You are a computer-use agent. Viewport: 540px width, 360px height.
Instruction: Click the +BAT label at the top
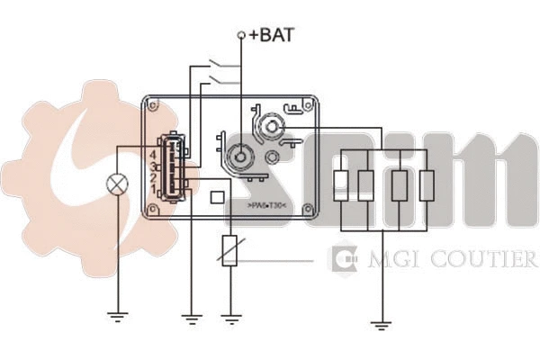click(x=272, y=36)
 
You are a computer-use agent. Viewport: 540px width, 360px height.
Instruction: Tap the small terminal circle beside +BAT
click(x=241, y=36)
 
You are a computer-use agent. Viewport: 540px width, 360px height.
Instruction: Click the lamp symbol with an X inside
click(x=116, y=184)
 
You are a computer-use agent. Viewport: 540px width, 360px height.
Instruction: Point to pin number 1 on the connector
click(x=156, y=187)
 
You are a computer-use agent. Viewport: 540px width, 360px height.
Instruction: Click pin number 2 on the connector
click(x=156, y=176)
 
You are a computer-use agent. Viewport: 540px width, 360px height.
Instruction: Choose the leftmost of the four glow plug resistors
click(x=341, y=184)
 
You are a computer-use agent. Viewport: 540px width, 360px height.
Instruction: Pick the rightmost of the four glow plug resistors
click(x=426, y=184)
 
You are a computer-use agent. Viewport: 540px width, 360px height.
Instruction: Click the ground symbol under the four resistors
click(x=382, y=324)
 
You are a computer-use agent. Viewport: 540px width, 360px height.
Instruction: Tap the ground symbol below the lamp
click(x=116, y=316)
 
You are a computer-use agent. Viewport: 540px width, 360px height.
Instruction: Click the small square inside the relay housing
click(x=217, y=197)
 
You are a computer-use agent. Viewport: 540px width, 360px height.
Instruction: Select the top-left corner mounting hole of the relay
click(x=154, y=105)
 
